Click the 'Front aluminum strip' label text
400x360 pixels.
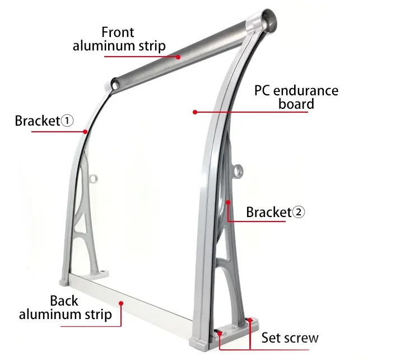tap(119, 39)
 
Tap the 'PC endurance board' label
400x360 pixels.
tap(296, 96)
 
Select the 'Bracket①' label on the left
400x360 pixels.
tap(44, 121)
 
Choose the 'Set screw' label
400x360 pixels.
tap(290, 338)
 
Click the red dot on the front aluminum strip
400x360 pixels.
tap(178, 56)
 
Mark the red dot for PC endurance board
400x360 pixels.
tap(194, 112)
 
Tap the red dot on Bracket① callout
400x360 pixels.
tap(85, 132)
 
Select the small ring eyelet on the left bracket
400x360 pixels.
tap(93, 179)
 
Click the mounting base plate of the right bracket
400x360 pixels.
tap(236, 333)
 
